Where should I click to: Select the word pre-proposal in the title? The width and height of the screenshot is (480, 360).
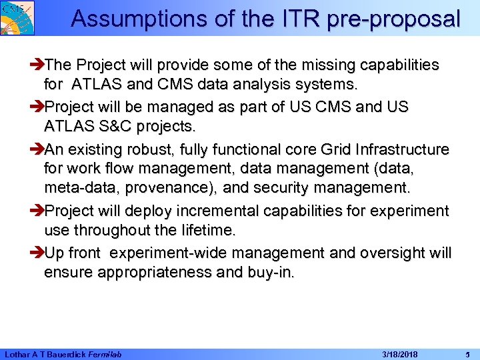pyautogui.click(x=393, y=19)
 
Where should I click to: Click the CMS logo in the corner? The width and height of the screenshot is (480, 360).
pyautogui.click(x=17, y=17)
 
